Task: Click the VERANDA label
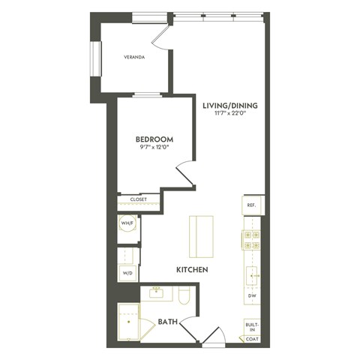pyautogui.click(x=135, y=57)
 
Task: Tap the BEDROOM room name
pyautogui.click(x=154, y=139)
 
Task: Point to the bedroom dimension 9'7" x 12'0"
pyautogui.click(x=154, y=148)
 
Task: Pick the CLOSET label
pyautogui.click(x=138, y=199)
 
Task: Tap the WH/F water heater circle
pyautogui.click(x=127, y=223)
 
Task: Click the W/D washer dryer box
pyautogui.click(x=127, y=273)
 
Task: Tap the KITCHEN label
pyautogui.click(x=192, y=268)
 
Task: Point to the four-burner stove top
pyautogui.click(x=250, y=240)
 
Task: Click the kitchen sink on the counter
pyautogui.click(x=251, y=274)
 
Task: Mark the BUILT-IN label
pyautogui.click(x=251, y=326)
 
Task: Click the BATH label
pyautogui.click(x=167, y=322)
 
